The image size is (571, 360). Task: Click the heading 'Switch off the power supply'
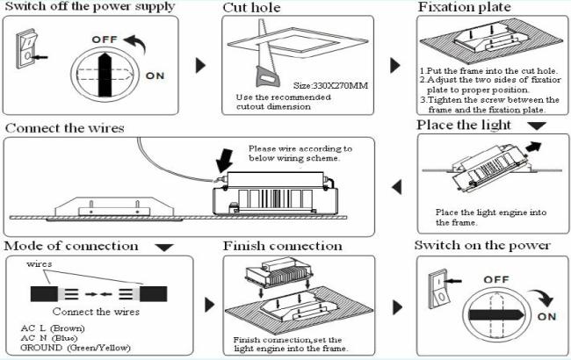pos(90,7)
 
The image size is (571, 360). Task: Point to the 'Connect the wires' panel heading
pos(65,128)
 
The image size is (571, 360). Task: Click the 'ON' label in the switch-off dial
pos(155,76)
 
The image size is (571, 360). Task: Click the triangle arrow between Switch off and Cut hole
pos(199,65)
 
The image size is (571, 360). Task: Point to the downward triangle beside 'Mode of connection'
pos(164,248)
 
